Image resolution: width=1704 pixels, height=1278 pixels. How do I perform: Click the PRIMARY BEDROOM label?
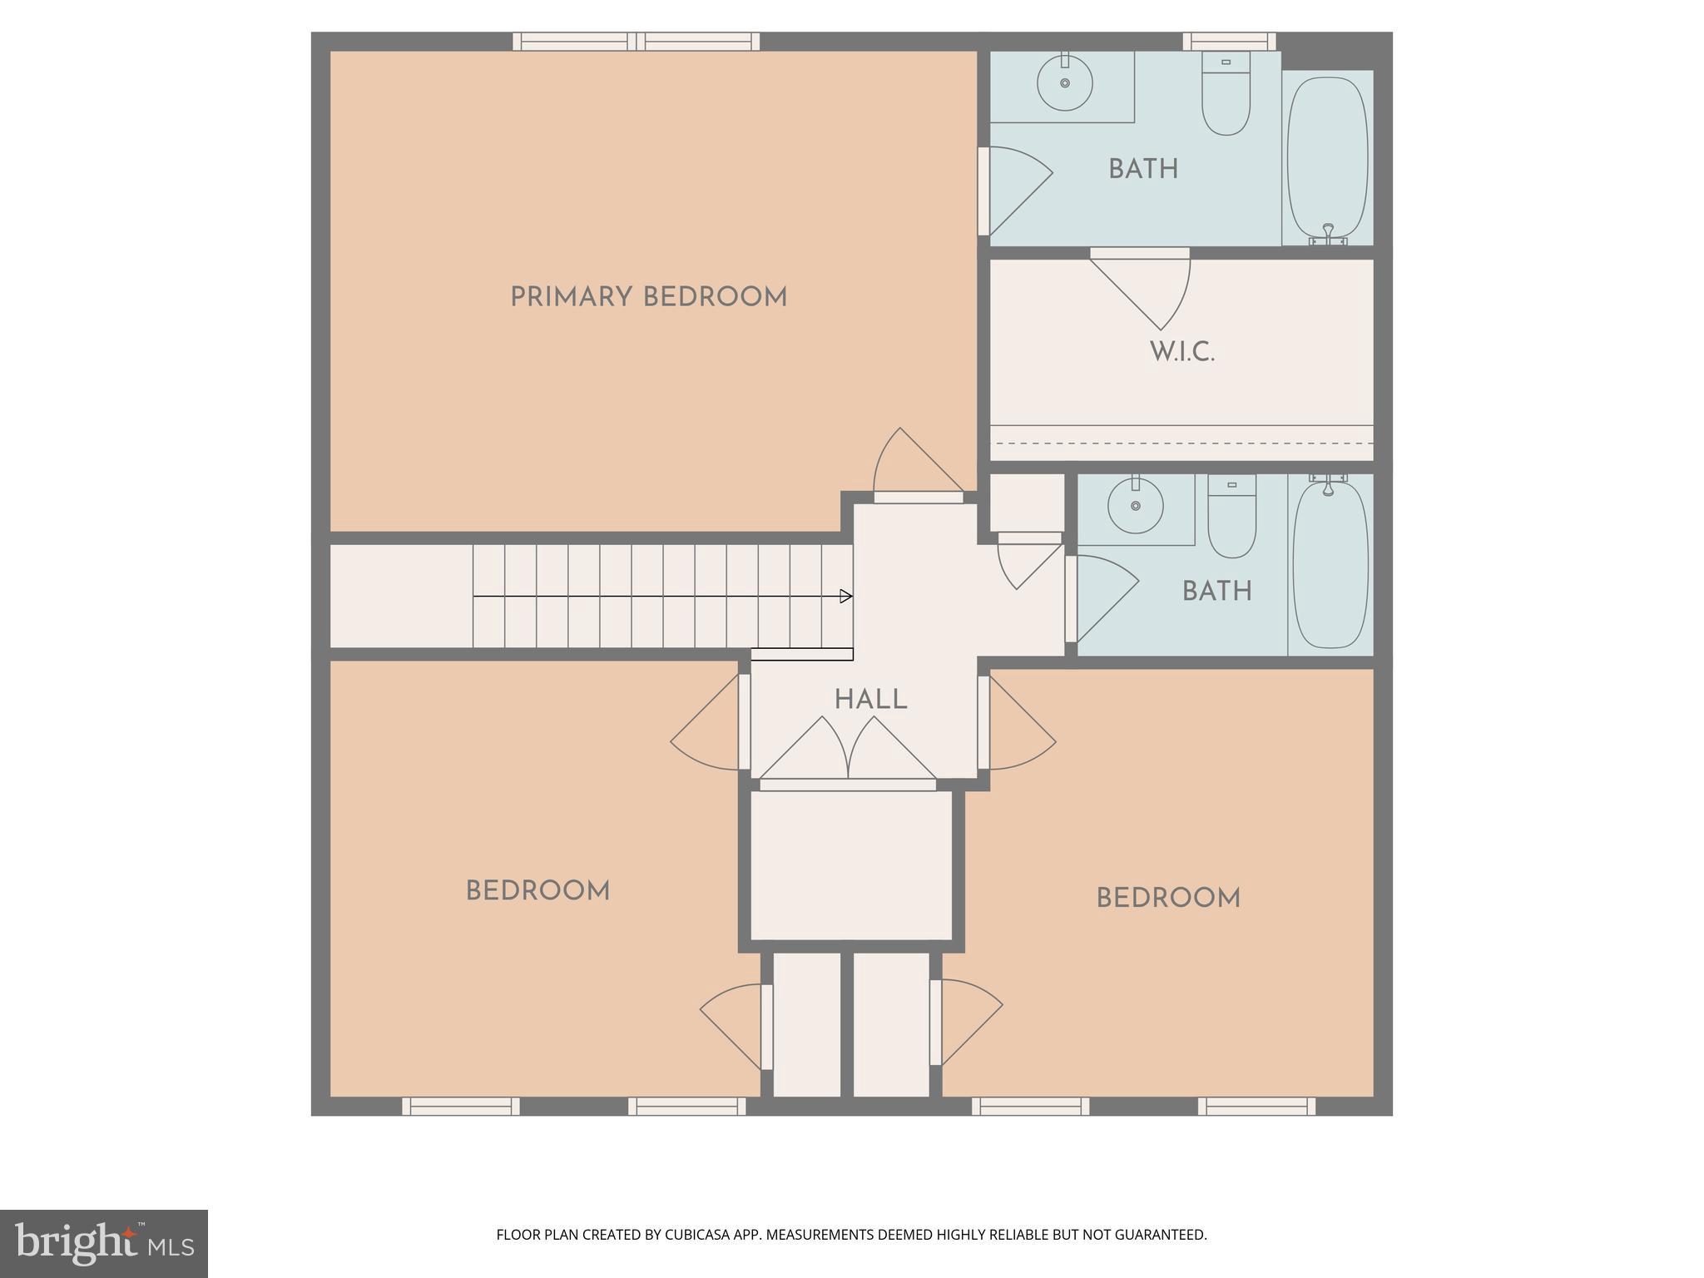648,297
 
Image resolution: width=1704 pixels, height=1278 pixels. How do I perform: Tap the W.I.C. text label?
1181,352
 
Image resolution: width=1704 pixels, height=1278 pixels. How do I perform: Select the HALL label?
870,700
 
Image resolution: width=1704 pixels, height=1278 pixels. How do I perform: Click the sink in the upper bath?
1065,82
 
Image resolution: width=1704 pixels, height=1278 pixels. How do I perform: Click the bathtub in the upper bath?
1327,158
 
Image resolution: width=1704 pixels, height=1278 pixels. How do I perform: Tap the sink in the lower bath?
1135,505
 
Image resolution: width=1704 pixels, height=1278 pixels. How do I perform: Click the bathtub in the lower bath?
1330,566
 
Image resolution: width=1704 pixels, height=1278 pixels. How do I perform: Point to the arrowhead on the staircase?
846,596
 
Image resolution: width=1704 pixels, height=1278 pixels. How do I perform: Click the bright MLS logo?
103,1243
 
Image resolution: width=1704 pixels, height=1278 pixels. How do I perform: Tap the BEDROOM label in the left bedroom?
537,891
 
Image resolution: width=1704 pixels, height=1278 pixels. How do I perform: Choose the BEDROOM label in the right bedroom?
1167,899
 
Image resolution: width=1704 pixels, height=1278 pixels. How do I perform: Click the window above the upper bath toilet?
1229,41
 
